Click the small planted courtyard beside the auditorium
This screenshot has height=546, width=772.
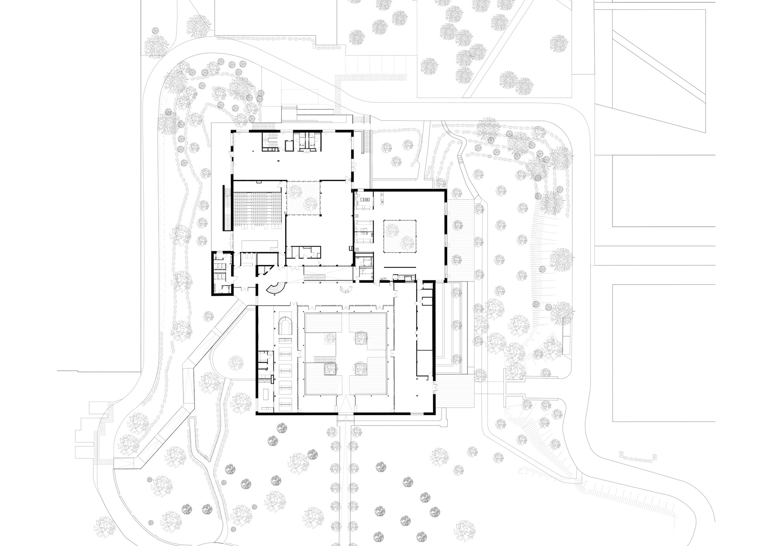click(303, 198)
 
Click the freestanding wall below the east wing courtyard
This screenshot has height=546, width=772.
click(399, 267)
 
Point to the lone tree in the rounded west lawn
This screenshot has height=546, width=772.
click(235, 362)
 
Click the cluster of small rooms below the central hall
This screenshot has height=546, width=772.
click(305, 252)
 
